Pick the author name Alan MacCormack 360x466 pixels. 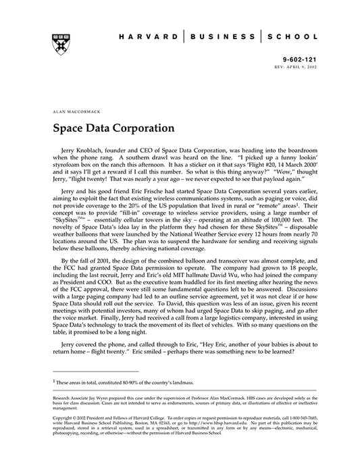coord(73,108)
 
